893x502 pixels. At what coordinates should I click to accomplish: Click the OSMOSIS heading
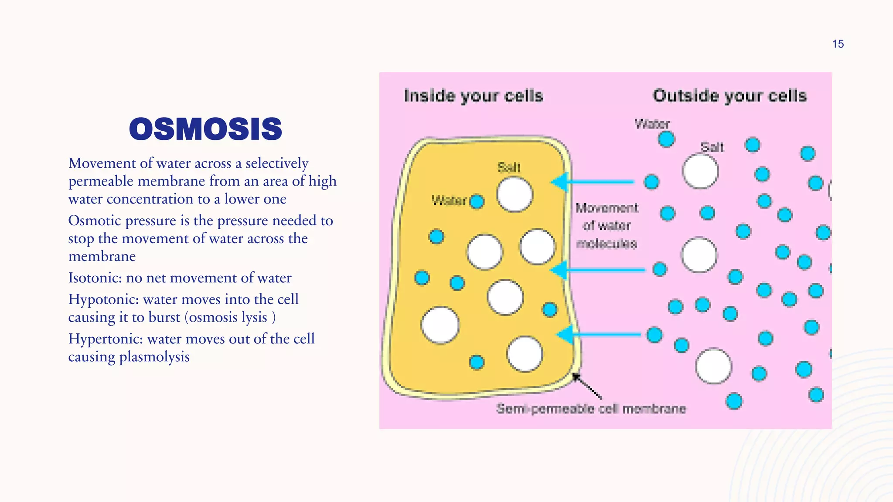[205, 129]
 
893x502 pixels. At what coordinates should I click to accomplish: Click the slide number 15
[838, 44]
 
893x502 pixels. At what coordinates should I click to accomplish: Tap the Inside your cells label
[474, 96]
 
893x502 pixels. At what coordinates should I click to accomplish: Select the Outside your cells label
[729, 96]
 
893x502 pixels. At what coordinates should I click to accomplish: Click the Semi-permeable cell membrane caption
[591, 409]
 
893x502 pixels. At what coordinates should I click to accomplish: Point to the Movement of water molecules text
[607, 226]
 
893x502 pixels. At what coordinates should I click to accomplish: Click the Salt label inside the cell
[509, 167]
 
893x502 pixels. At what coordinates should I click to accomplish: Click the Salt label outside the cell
[712, 147]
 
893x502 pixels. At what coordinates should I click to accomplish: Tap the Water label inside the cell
[449, 200]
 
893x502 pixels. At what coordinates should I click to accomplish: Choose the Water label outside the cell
[652, 124]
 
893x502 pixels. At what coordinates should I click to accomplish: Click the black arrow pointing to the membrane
[587, 386]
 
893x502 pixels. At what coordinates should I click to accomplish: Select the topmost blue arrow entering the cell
[593, 182]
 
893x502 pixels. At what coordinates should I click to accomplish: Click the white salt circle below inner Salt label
[515, 194]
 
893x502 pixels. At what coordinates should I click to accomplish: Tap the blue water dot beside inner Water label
[477, 201]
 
